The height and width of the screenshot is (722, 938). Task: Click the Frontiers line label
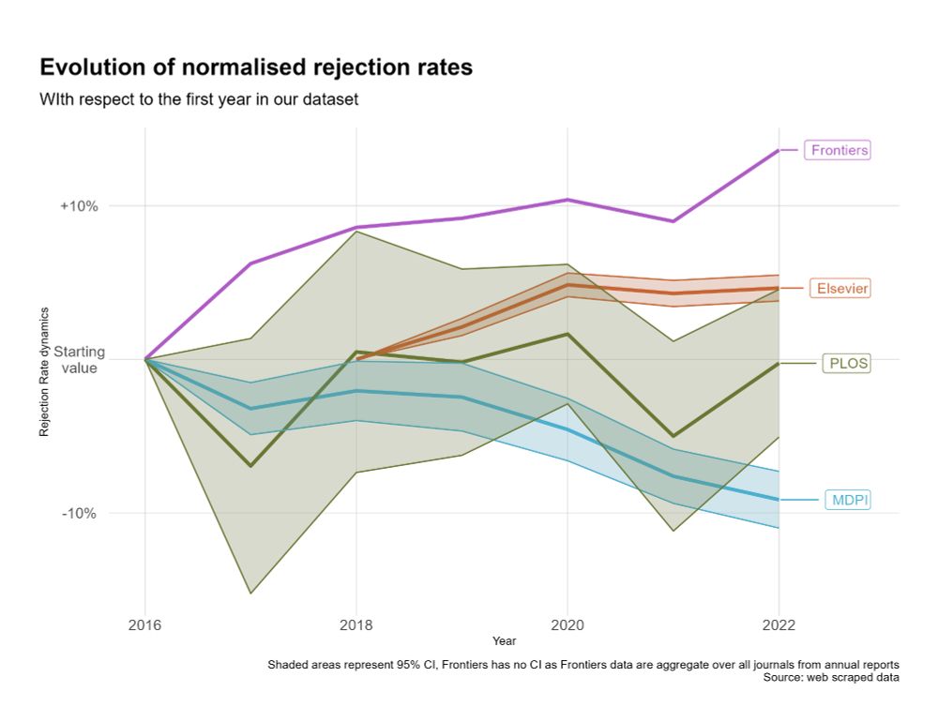[x=840, y=150]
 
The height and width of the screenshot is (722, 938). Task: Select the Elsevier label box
[x=841, y=289]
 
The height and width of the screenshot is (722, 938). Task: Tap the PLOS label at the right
[x=847, y=363]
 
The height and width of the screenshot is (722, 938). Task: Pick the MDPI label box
[x=848, y=501]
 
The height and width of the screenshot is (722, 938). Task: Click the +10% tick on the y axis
[x=79, y=206]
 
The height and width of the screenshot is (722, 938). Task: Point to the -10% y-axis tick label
[x=81, y=513]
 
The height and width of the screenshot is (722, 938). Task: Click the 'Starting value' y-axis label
[x=79, y=360]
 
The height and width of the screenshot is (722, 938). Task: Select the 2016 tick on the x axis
[x=145, y=624]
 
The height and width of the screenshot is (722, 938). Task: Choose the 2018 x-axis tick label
[x=356, y=624]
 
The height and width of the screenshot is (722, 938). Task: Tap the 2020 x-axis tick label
[x=567, y=624]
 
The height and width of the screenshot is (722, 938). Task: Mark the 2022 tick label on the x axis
[x=778, y=624]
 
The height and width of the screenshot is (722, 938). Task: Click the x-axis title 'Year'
[x=504, y=640]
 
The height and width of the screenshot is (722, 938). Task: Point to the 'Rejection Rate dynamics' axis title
[x=44, y=371]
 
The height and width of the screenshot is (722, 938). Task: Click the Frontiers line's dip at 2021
[x=673, y=221]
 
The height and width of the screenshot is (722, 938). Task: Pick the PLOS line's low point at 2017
[x=250, y=466]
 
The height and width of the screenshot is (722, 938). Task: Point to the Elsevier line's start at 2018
[x=356, y=359]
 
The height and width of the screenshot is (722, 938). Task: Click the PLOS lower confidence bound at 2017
[x=250, y=594]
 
